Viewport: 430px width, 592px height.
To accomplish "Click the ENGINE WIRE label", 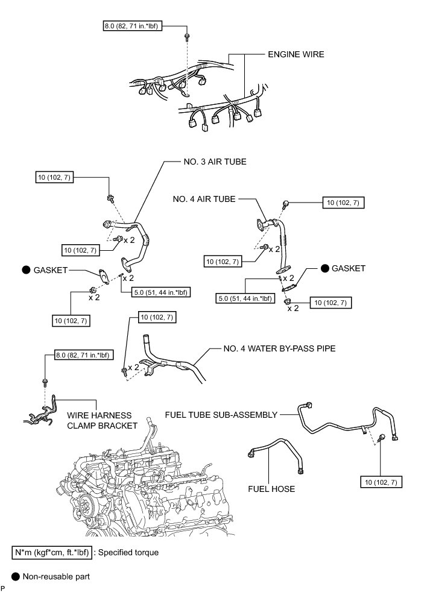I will click(296, 54).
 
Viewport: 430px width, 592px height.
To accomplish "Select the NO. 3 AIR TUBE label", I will click(215, 162).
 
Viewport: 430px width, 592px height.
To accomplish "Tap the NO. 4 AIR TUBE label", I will click(204, 198).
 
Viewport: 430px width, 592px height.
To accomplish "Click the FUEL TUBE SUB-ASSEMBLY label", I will click(221, 415).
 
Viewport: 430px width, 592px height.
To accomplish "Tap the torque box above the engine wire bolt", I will click(131, 27).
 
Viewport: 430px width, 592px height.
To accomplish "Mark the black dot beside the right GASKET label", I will click(324, 268).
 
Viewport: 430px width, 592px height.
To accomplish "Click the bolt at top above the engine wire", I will click(188, 37).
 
